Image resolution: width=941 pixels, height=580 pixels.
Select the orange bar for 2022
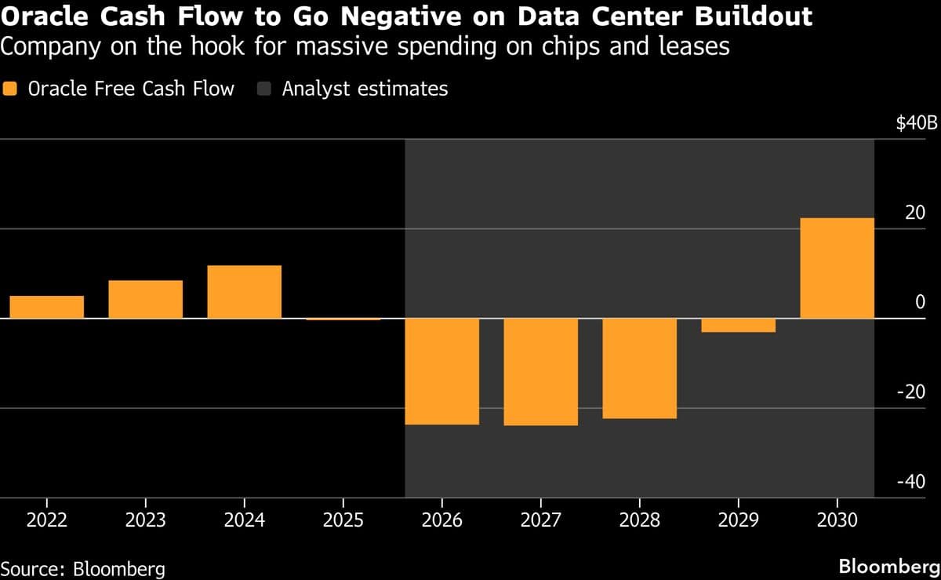[46, 307]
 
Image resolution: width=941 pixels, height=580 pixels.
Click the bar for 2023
[145, 299]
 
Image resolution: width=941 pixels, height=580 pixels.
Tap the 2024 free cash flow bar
[244, 292]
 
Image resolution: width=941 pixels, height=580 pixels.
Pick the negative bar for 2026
[441, 371]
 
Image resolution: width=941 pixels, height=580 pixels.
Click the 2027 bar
[540, 372]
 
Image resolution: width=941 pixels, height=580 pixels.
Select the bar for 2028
[639, 368]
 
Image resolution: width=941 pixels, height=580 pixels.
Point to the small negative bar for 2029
[738, 326]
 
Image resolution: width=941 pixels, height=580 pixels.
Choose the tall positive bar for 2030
[837, 268]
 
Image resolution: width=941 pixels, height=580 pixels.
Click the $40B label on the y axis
[917, 123]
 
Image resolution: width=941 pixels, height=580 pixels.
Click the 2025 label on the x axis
[343, 520]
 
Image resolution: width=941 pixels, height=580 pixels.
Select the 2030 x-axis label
[837, 520]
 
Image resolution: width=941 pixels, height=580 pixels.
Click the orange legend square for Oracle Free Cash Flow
[9, 89]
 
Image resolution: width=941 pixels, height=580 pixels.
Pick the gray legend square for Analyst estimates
[263, 89]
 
